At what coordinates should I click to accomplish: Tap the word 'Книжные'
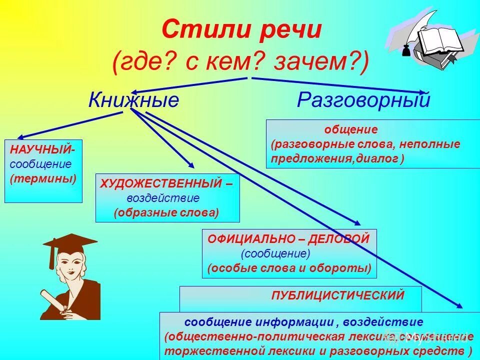[x=133, y=100]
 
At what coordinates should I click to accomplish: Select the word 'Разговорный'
[x=363, y=100]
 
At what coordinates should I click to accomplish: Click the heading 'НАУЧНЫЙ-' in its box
[x=42, y=150]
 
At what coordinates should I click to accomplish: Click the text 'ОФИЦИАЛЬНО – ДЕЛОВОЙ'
[x=288, y=239]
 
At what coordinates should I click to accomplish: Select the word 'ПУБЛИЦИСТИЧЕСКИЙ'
[x=337, y=295]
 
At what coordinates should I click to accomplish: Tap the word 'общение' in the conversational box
[x=351, y=130]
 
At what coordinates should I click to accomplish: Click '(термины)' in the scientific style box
[x=43, y=178]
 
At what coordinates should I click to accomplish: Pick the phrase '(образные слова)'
[x=166, y=212]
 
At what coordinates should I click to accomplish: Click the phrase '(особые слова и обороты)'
[x=289, y=268]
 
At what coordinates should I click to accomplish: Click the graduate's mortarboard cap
[x=70, y=243]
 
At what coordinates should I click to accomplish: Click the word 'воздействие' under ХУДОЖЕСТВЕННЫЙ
[x=162, y=198]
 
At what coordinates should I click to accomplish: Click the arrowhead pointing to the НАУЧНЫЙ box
[x=21, y=136]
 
